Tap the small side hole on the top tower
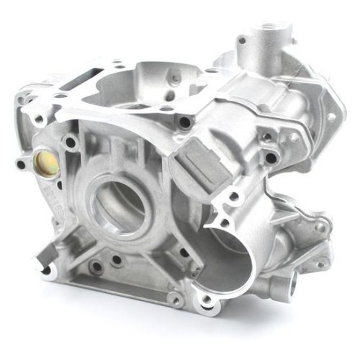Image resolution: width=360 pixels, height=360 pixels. point(241,40)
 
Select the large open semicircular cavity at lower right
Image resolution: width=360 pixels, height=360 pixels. point(229,259)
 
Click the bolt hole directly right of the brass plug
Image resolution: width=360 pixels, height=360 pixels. point(71,143)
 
